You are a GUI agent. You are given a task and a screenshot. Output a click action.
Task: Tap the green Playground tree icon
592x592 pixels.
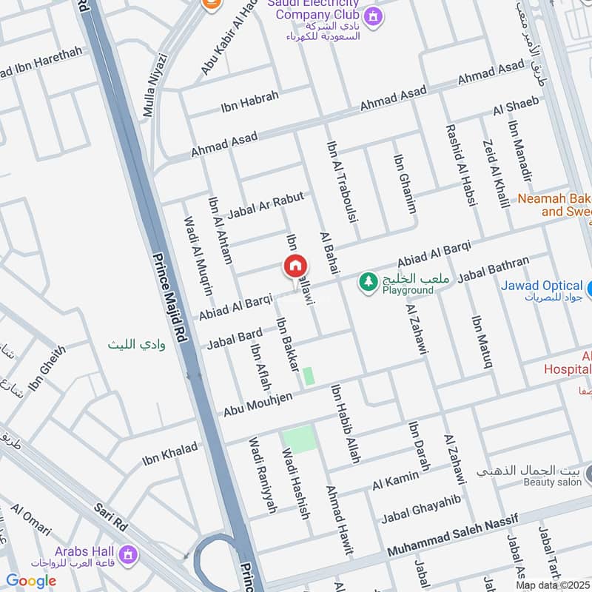367,281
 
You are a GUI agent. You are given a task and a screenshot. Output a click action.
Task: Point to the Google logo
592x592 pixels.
31,581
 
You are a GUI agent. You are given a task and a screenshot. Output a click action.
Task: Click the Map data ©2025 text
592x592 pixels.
553,585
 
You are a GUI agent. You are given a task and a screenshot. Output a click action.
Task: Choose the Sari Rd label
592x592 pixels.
111,517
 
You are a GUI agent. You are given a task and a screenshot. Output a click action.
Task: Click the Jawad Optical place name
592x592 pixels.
542,286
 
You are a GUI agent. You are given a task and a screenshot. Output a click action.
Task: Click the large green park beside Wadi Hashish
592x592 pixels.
299,439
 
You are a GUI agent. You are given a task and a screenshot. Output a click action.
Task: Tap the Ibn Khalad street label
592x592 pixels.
170,454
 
